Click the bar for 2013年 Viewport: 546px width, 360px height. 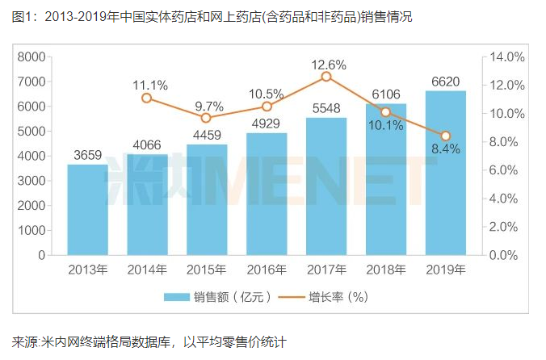[x=87, y=209]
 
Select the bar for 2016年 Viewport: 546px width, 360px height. [x=267, y=194]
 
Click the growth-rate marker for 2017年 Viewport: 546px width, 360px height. [x=326, y=77]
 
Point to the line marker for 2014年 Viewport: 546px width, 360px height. [x=147, y=98]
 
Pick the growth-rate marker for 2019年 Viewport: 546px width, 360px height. [x=446, y=136]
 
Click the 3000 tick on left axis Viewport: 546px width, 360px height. [x=31, y=181]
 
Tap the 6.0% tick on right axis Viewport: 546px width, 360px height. [x=507, y=170]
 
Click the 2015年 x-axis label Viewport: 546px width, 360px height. [x=207, y=270]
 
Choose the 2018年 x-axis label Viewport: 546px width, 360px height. [x=386, y=270]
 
